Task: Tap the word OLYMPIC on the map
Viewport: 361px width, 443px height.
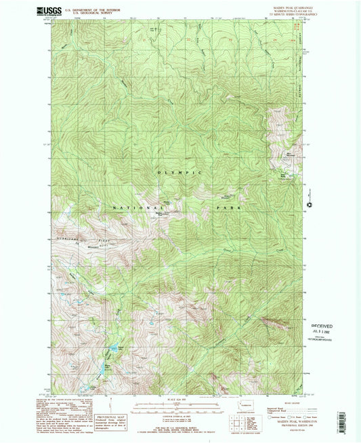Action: (180, 174)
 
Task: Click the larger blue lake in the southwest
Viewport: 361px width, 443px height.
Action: (109, 351)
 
